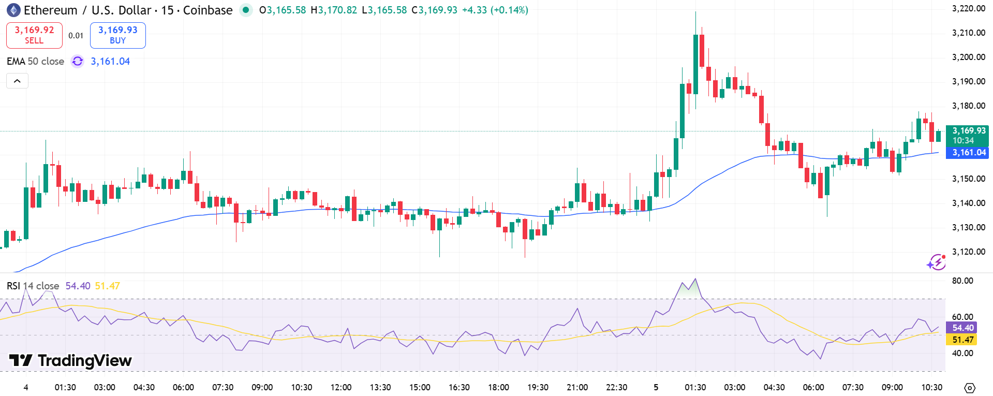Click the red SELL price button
(34, 35)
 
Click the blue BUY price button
(117, 35)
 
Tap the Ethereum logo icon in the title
(13, 10)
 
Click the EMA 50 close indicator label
(35, 62)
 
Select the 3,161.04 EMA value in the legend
(110, 62)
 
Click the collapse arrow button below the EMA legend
(17, 81)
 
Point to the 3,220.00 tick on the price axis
(968, 8)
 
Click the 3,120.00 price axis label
(968, 252)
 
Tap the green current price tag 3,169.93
(967, 135)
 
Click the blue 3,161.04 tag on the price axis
(967, 153)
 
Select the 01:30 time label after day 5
(695, 387)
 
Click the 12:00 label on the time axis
(341, 387)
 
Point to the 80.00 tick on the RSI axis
(962, 281)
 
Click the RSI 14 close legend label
(33, 286)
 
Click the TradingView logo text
(71, 360)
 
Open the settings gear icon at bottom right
(970, 388)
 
